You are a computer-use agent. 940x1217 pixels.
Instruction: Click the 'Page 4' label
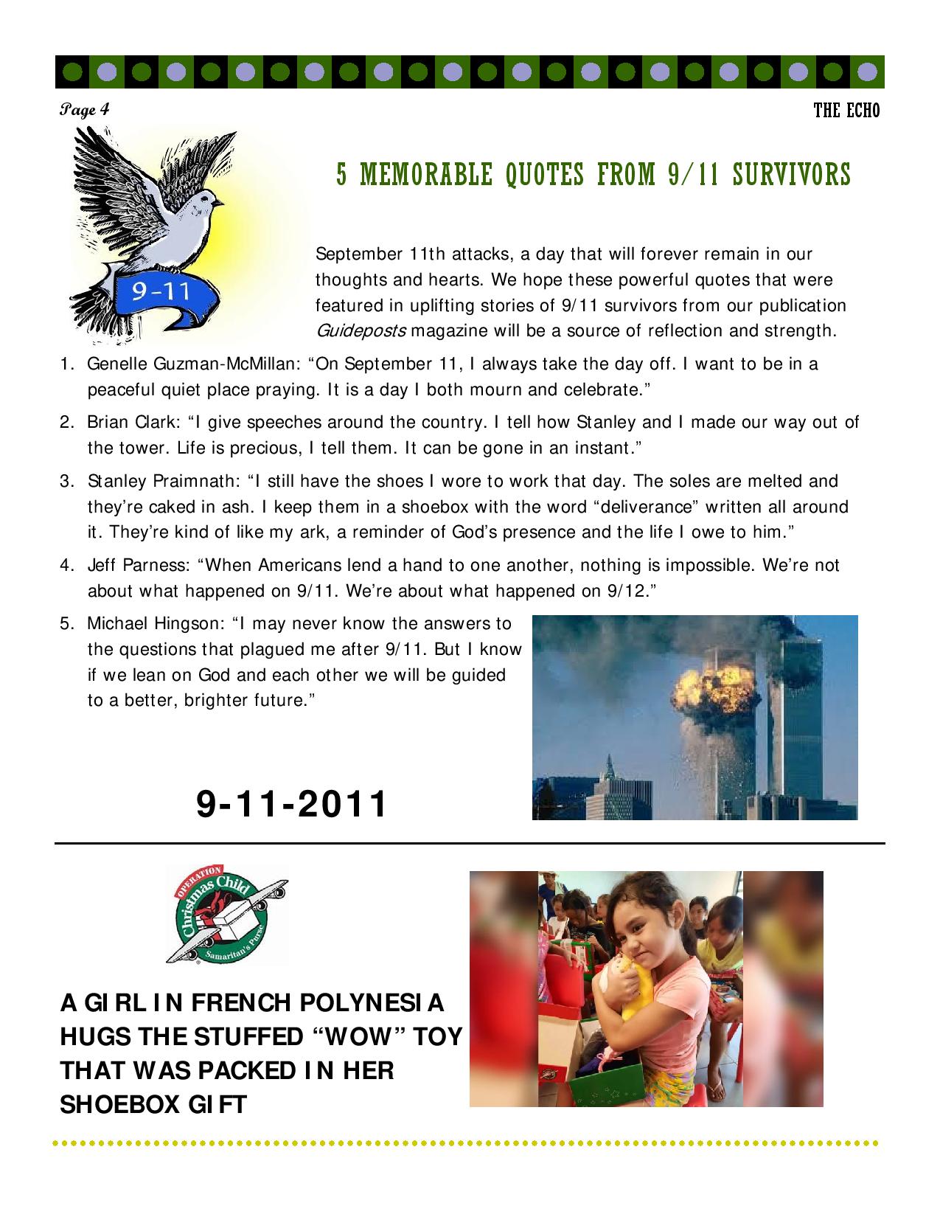point(85,110)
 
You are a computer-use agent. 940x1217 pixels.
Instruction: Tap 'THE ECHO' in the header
point(846,111)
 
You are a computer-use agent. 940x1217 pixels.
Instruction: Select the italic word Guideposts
point(360,330)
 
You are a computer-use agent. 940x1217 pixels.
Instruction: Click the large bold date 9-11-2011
point(291,804)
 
